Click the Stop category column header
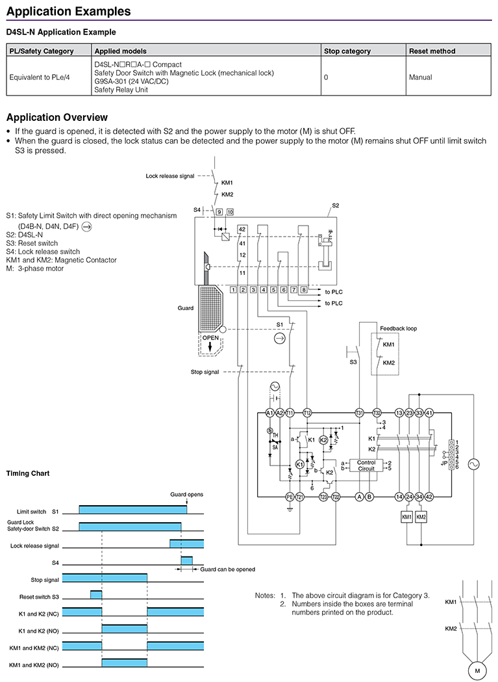pos(347,51)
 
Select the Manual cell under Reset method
pos(420,77)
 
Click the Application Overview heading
pos(57,118)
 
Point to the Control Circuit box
pos(366,466)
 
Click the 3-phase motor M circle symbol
pos(477,670)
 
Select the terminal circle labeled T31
pos(359,413)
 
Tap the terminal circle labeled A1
pos(270,413)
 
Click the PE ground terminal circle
pos(290,497)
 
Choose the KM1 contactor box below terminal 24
pos(407,516)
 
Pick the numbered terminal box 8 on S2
pos(305,289)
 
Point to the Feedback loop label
pos(398,328)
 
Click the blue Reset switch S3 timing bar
pos(96,595)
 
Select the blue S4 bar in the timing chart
pos(186,560)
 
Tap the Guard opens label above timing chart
pos(186,495)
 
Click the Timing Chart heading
pos(28,473)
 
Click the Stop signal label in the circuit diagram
pos(205,372)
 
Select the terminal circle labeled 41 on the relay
pos(429,413)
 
